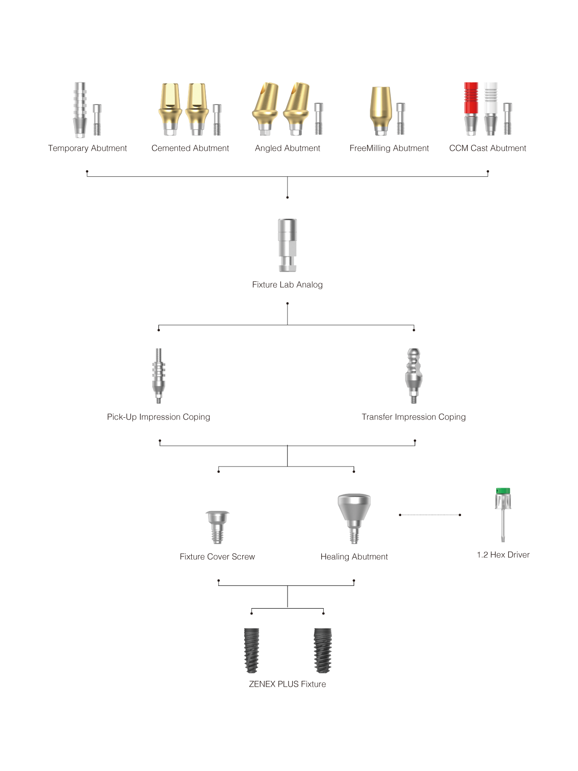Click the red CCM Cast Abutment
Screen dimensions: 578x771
point(471,108)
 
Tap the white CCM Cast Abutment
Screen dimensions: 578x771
point(490,108)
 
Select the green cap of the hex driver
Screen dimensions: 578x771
point(502,491)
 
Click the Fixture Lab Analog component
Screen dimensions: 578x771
point(288,245)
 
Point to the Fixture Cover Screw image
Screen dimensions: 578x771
point(217,527)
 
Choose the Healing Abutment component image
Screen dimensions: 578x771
point(354,518)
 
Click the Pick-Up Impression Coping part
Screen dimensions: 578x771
point(158,375)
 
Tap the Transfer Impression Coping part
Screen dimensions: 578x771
point(414,375)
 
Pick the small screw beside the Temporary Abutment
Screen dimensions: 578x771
point(97,120)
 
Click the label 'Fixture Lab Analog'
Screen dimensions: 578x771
point(288,284)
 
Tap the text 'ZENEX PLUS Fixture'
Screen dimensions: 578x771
point(288,684)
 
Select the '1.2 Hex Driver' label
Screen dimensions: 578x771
point(503,555)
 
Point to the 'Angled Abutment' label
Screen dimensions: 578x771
point(288,148)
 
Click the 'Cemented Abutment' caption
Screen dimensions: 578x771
point(190,148)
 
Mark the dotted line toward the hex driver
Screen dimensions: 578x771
point(430,515)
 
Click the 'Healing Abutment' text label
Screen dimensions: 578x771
point(354,557)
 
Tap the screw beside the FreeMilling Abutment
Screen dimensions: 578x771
point(400,119)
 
